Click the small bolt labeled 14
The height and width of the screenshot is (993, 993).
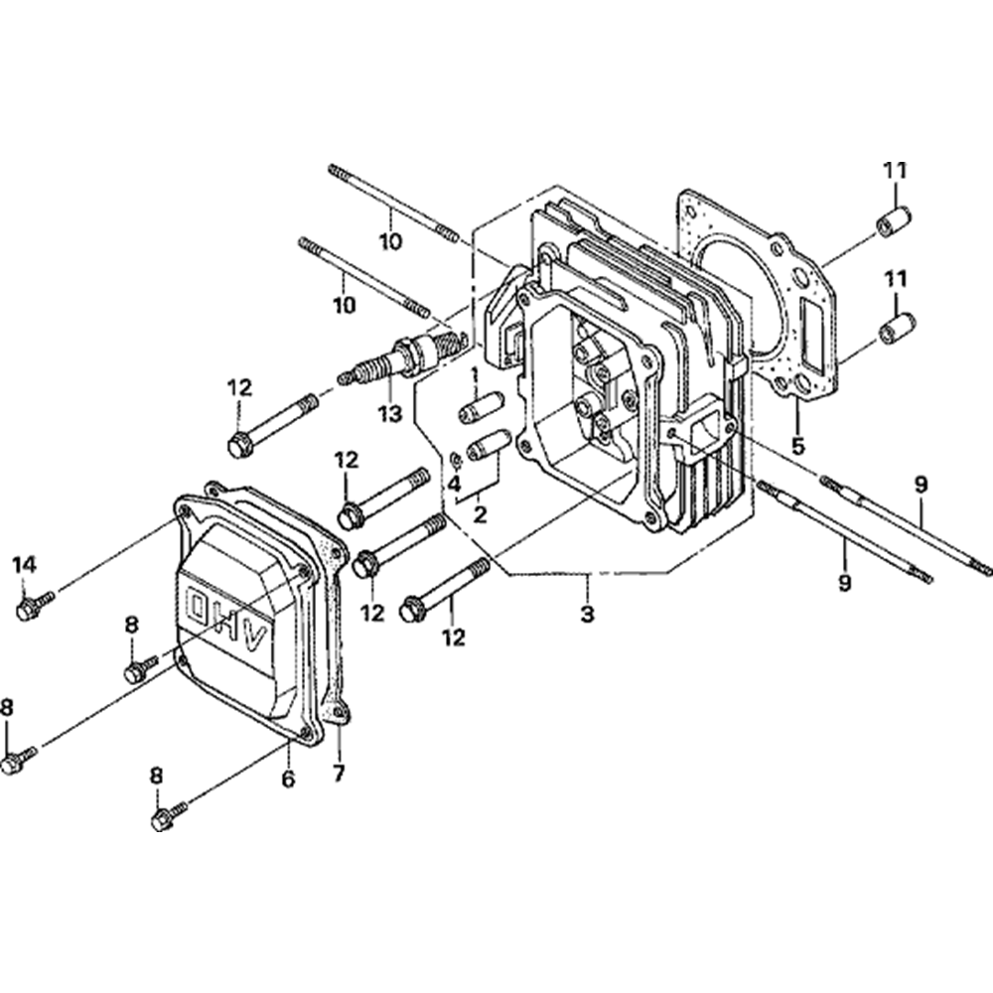click(x=34, y=605)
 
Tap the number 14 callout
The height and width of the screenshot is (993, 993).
click(x=24, y=565)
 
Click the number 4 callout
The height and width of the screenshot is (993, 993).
click(x=453, y=485)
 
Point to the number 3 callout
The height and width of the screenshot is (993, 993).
click(x=588, y=614)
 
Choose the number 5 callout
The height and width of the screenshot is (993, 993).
click(x=798, y=445)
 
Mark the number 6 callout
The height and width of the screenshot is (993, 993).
click(x=288, y=780)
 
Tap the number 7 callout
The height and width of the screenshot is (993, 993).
click(x=339, y=772)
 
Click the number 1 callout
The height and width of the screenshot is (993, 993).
click(x=475, y=374)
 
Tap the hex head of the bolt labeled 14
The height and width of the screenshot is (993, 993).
click(x=26, y=610)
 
